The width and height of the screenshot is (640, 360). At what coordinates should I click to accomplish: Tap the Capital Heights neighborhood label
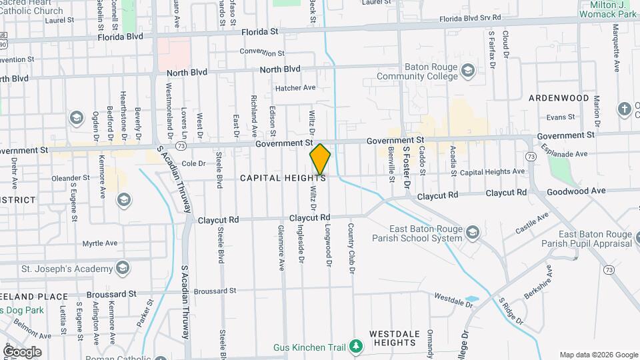(x=283, y=178)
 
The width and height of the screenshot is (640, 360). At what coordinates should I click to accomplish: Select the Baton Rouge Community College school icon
(x=468, y=71)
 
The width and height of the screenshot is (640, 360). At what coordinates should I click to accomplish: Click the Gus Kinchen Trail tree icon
(x=357, y=347)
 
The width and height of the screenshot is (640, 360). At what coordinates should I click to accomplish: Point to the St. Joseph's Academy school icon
(x=121, y=269)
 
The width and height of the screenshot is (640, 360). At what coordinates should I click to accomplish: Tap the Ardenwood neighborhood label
(x=559, y=98)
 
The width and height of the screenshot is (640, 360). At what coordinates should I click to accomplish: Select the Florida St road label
(x=259, y=31)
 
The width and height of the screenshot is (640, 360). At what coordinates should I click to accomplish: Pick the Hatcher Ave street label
(x=295, y=87)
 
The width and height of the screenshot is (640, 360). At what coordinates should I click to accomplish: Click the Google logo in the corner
(x=22, y=351)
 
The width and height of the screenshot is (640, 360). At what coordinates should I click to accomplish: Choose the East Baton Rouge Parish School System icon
(x=473, y=232)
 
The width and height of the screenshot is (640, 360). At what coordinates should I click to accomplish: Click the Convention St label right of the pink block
(x=262, y=52)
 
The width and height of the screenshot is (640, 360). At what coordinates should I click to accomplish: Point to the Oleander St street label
(x=70, y=178)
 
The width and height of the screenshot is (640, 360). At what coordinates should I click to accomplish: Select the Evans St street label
(x=560, y=117)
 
